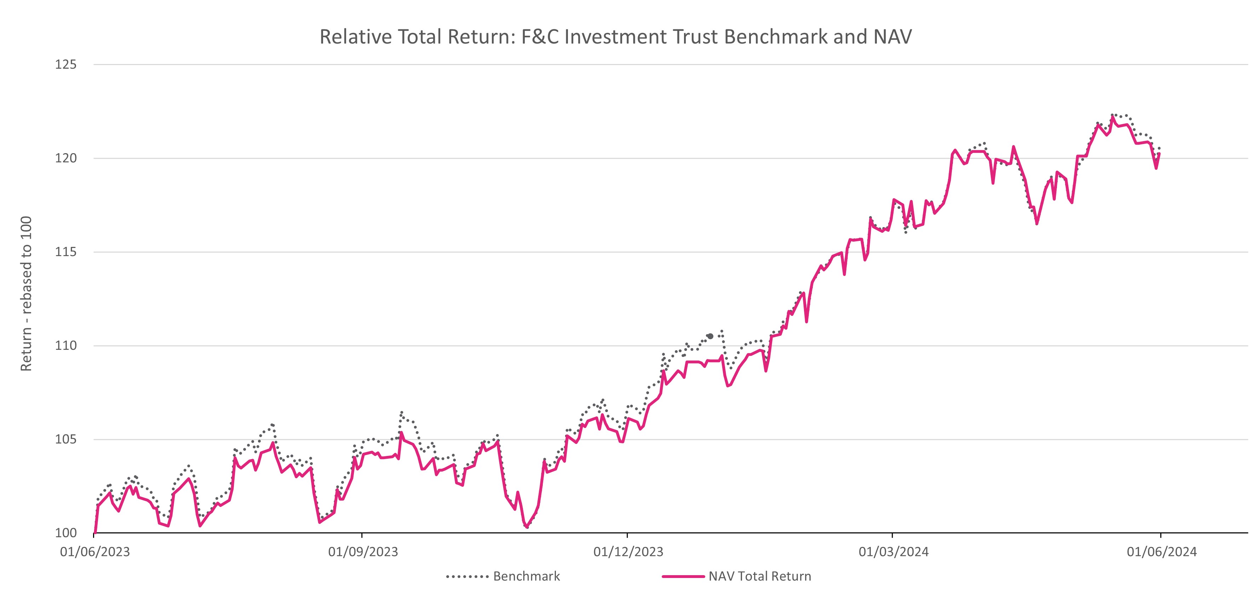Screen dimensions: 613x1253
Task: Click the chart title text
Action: [615, 37]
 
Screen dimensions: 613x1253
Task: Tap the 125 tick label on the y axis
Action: [66, 65]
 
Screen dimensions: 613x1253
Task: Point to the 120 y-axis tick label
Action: [66, 158]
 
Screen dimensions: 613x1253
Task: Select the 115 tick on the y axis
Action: [66, 252]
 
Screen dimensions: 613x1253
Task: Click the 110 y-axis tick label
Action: [66, 346]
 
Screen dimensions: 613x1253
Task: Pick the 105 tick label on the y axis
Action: [66, 439]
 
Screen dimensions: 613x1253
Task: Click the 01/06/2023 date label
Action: [95, 552]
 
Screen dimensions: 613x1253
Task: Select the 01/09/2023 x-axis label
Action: [363, 552]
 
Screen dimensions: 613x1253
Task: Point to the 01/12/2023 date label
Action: [628, 552]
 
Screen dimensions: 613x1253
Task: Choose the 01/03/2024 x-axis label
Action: [893, 552]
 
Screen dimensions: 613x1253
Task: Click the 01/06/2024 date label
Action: [1162, 552]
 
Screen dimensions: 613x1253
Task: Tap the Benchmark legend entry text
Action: [526, 577]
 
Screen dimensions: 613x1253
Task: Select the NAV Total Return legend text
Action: [760, 577]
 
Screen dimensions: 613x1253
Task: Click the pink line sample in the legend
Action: [683, 577]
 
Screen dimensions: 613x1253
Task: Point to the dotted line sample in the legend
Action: [467, 577]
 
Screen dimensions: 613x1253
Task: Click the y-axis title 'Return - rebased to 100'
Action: [26, 294]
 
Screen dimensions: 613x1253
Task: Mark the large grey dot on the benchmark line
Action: [710, 336]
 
